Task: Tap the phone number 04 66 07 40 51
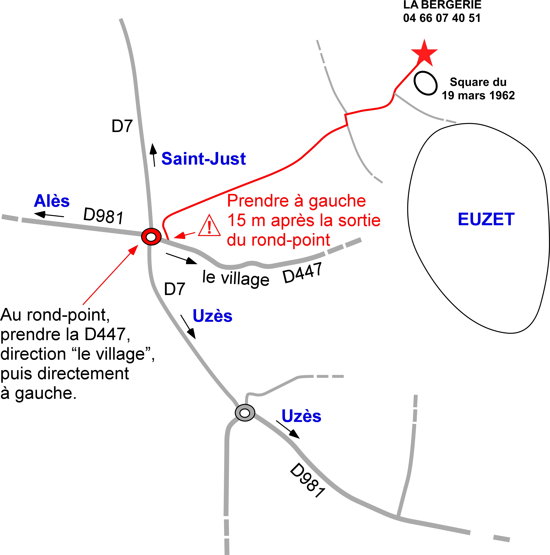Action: (442, 18)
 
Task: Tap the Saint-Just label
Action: (203, 159)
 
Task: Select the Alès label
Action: (52, 201)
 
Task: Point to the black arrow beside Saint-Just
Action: (154, 155)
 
